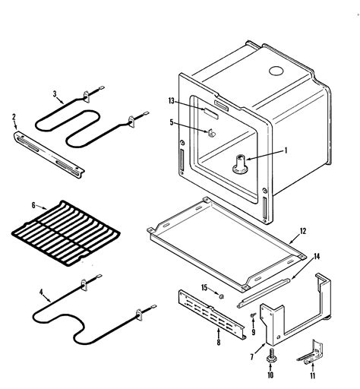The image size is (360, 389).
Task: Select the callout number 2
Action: point(14,117)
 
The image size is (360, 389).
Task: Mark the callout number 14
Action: point(317,256)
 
